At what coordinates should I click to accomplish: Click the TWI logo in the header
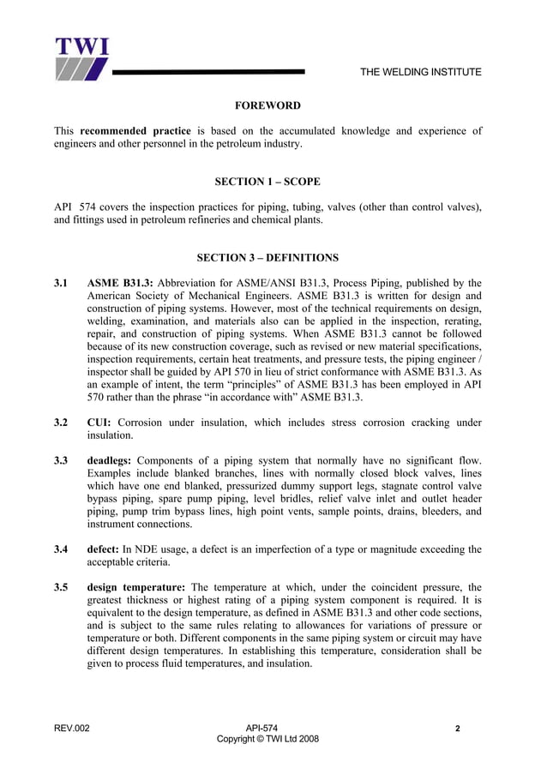coord(82,59)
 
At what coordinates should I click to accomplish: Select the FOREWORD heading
coord(267,105)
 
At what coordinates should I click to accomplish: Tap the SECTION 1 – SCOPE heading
coord(267,182)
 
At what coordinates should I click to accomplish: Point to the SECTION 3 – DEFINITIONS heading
coord(267,257)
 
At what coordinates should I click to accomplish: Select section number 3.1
coord(61,283)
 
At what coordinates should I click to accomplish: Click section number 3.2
coord(61,423)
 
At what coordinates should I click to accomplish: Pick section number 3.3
coord(61,460)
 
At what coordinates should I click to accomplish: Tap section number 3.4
coord(61,549)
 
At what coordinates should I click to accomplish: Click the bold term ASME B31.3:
coord(120,283)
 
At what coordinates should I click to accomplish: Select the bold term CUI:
coord(99,423)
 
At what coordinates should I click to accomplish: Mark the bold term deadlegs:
coord(109,460)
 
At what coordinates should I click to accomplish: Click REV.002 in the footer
coord(71,728)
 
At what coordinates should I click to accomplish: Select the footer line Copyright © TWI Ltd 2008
coord(267,739)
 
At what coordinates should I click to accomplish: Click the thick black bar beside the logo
coord(207,71)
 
